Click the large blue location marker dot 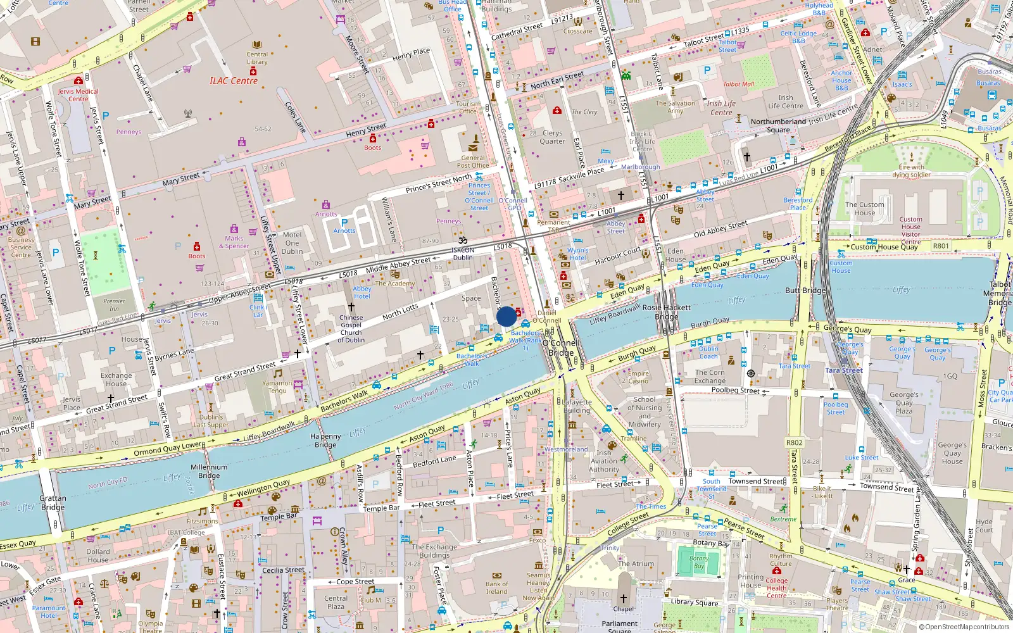[x=507, y=316]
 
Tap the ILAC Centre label [x=234, y=81]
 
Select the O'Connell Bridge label [x=561, y=348]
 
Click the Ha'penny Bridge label [x=325, y=441]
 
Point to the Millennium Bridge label [x=209, y=471]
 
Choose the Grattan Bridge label [x=53, y=503]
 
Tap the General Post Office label [x=473, y=161]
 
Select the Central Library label [x=256, y=58]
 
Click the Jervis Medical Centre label [x=78, y=95]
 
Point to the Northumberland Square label [x=778, y=125]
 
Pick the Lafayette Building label [x=577, y=406]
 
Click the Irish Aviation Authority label [x=604, y=461]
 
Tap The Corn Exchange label [x=710, y=377]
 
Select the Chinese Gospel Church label [x=351, y=329]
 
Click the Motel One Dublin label [x=292, y=242]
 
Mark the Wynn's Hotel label [x=577, y=254]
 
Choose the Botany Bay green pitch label [x=699, y=562]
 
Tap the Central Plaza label [x=336, y=601]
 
